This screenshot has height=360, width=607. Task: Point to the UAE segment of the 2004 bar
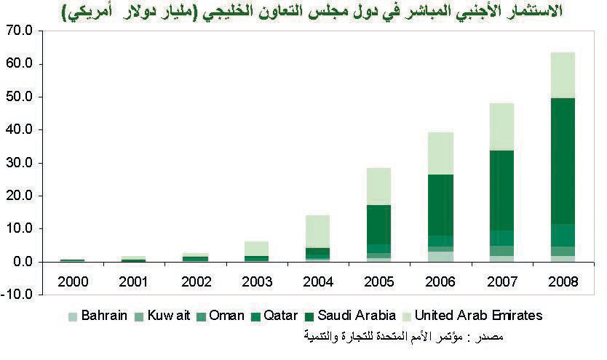tap(317, 231)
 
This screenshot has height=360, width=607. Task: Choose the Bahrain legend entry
tap(100, 316)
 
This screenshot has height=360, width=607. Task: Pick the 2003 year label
tap(256, 281)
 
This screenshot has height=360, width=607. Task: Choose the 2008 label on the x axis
tap(563, 281)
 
